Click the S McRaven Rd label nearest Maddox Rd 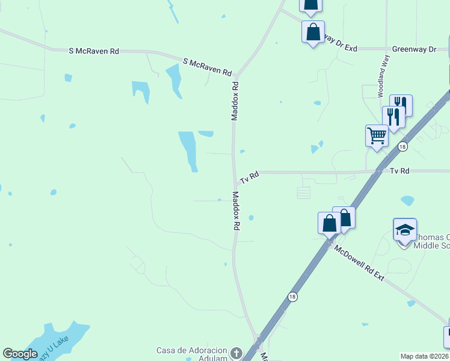click(x=208, y=67)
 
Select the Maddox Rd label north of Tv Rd click(x=235, y=101)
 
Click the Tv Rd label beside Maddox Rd click(x=249, y=177)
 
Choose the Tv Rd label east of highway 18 click(x=399, y=171)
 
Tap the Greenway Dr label click(x=413, y=49)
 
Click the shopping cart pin click(x=377, y=136)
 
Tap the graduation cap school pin click(x=405, y=230)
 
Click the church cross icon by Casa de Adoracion click(x=236, y=353)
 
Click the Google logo click(x=20, y=353)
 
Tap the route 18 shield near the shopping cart click(x=402, y=146)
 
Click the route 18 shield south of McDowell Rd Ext click(x=292, y=297)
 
